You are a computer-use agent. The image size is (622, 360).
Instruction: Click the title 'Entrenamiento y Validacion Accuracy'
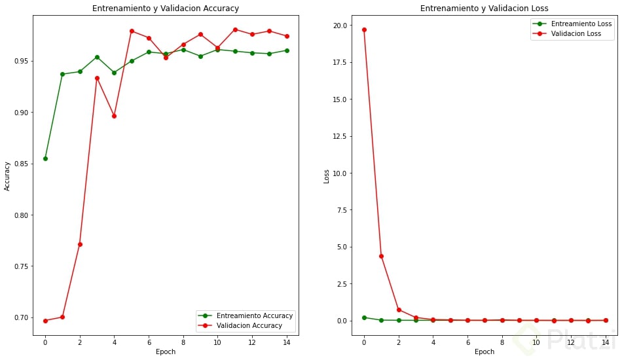[x=165, y=9]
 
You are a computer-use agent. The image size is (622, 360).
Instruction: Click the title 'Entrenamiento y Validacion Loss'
[x=485, y=9]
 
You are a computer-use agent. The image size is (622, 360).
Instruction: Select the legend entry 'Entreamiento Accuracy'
[x=254, y=315]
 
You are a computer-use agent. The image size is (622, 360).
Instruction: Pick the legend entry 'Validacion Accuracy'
[x=249, y=325]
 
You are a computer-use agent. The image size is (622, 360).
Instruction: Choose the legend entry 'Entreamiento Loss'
[x=581, y=24]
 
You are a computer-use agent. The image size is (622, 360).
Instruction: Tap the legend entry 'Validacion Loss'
[x=576, y=33]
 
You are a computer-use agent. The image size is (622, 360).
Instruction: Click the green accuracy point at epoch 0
[x=45, y=158]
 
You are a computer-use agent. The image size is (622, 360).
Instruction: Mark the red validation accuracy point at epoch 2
[x=80, y=244]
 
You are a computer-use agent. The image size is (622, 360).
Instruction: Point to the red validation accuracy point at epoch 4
[x=114, y=116]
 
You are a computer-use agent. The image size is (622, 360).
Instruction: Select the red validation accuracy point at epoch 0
[x=45, y=321]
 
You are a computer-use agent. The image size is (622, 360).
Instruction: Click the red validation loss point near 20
[x=364, y=29]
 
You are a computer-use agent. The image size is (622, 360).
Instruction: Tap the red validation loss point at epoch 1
[x=381, y=256]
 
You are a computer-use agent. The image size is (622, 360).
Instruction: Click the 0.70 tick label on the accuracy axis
[x=21, y=317]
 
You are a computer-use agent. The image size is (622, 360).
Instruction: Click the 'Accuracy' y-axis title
[x=7, y=177]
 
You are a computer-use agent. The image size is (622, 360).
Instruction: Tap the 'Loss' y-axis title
[x=327, y=177]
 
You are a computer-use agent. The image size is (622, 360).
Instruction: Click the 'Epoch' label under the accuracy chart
[x=166, y=352]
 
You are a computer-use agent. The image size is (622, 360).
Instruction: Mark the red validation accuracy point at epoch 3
[x=97, y=78]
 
